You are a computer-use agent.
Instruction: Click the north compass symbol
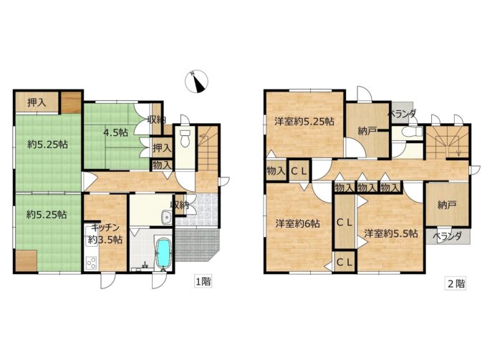click(196, 82)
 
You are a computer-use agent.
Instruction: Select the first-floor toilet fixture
click(185, 138)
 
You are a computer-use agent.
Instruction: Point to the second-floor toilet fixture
click(410, 132)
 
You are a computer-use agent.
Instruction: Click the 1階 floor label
click(203, 281)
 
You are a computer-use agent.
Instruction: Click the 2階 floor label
click(456, 283)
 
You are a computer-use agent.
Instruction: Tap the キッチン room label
click(105, 228)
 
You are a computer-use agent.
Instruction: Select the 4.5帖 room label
click(115, 133)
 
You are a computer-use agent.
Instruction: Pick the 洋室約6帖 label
click(298, 223)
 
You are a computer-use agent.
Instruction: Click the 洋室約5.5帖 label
click(391, 233)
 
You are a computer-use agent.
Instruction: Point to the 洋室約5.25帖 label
click(304, 121)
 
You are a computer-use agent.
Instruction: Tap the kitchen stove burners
click(92, 263)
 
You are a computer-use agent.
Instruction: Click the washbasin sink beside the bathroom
click(166, 216)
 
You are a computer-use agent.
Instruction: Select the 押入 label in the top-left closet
click(37, 102)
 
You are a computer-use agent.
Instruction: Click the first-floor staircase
click(208, 148)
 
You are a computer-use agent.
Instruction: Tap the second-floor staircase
click(447, 142)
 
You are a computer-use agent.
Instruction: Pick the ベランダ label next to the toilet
click(402, 114)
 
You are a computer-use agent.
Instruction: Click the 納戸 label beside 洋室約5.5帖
click(447, 205)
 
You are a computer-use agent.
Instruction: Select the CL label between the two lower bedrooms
click(344, 222)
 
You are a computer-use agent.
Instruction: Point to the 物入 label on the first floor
click(162, 165)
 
